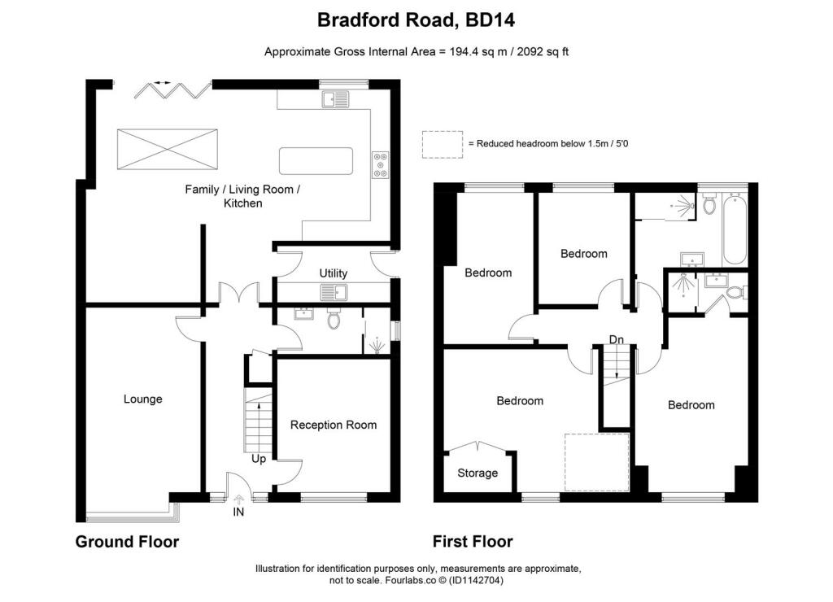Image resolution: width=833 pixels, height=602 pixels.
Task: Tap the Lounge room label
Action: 143,399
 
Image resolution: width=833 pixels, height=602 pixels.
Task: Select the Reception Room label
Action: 334,425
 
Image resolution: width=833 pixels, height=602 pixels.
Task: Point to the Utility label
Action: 334,273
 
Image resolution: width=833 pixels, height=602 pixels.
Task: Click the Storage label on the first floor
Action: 478,473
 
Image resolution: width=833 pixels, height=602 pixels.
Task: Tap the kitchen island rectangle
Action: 316,161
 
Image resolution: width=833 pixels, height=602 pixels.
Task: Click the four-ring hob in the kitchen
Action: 380,165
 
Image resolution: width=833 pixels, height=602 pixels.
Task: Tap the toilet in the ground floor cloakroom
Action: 332,319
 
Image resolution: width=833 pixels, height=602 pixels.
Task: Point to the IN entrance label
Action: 238,513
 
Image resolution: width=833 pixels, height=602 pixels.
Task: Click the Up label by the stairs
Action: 259,459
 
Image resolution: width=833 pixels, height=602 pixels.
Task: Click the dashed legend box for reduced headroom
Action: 442,144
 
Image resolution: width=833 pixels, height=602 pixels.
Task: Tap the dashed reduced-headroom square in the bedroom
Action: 598,462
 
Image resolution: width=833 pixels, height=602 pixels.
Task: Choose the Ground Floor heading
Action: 127,542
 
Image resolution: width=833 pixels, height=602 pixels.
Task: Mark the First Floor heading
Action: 473,542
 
